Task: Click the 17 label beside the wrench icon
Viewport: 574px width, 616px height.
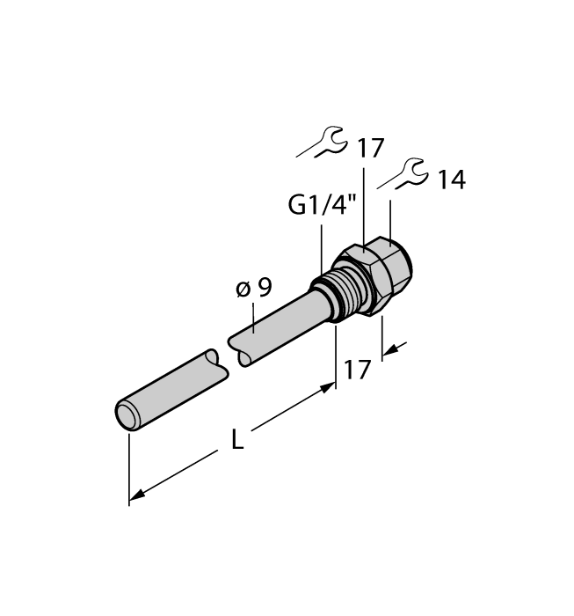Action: (370, 148)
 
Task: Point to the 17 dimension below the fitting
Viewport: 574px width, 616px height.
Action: (357, 368)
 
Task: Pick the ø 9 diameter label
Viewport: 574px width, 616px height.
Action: (254, 288)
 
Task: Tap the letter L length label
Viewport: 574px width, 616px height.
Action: (237, 440)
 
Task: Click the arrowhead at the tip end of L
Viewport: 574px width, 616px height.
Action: (135, 500)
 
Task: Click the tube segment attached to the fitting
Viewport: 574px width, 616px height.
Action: (277, 320)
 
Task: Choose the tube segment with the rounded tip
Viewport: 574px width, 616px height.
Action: (171, 387)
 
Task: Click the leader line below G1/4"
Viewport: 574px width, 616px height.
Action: (322, 246)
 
